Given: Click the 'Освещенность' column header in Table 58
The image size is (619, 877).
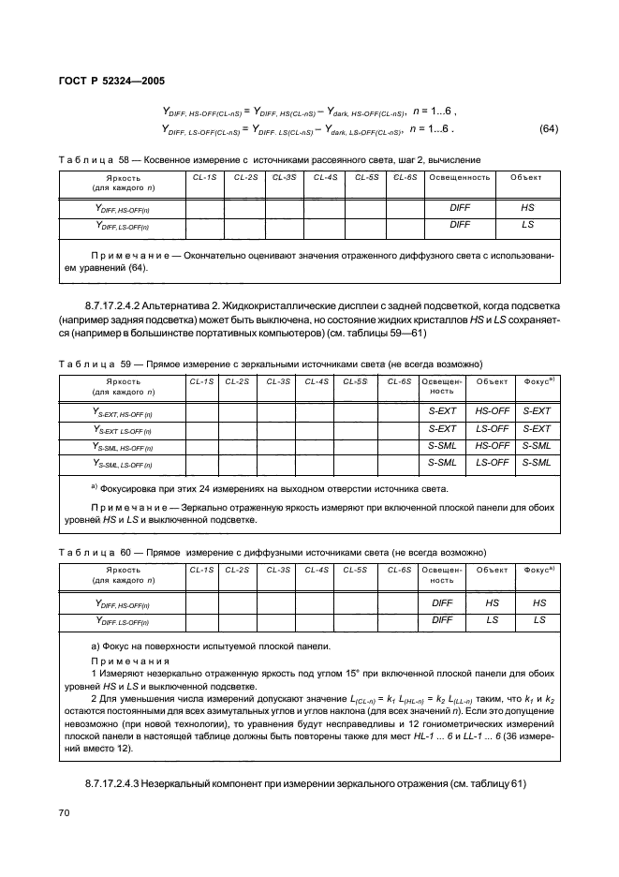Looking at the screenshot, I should pos(459,176).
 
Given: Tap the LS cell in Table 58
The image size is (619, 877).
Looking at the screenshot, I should pos(526,225).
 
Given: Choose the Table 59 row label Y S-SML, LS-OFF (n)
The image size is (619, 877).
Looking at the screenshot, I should pos(123,463).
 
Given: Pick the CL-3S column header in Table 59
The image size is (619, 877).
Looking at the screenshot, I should pos(278,381).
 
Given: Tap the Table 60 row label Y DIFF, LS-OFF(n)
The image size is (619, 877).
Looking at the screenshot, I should pos(123,620).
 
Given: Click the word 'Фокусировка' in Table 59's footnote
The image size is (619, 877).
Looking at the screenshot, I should pos(133,488).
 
